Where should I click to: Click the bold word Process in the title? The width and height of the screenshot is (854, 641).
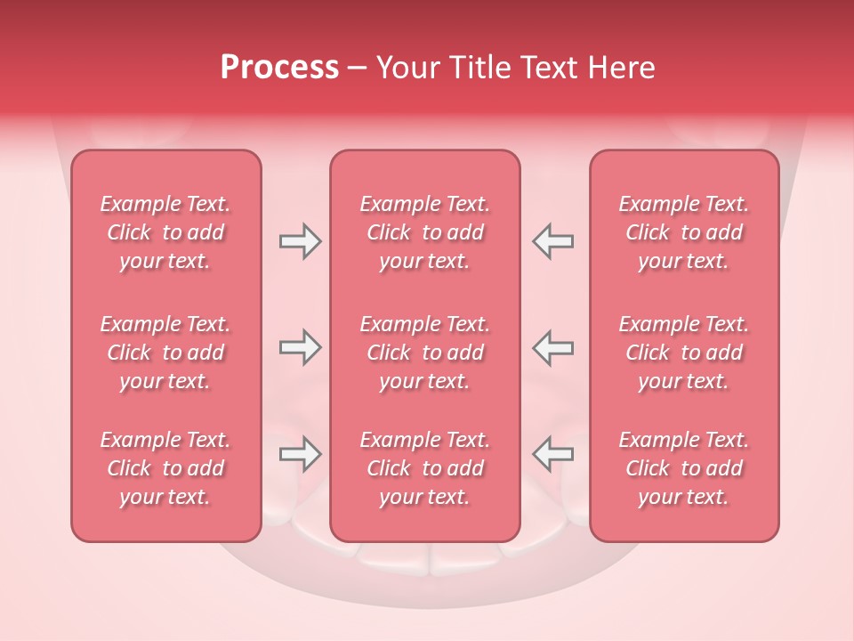click(x=279, y=68)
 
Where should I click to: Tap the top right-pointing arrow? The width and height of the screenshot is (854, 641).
click(x=300, y=241)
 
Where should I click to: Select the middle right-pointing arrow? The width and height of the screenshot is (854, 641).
click(x=300, y=347)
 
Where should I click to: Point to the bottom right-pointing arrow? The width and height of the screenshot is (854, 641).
click(x=300, y=454)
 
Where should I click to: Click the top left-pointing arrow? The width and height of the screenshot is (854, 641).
click(x=552, y=241)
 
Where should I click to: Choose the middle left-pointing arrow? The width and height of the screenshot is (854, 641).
click(x=552, y=347)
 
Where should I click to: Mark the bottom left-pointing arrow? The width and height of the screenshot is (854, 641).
click(x=552, y=454)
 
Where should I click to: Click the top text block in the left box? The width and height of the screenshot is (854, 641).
click(x=165, y=232)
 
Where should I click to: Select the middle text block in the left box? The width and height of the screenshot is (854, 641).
click(x=165, y=353)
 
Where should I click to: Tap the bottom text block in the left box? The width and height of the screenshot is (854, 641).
click(x=165, y=468)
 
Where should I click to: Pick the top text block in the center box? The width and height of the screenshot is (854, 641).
click(x=424, y=232)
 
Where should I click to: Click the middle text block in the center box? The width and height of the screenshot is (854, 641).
click(x=424, y=353)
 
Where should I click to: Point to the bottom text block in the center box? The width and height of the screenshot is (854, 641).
click(x=424, y=468)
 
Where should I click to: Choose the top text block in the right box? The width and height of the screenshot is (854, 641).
click(x=683, y=232)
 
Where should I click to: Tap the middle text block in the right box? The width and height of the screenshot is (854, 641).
click(x=683, y=353)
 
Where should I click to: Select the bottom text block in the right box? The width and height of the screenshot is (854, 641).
click(x=683, y=468)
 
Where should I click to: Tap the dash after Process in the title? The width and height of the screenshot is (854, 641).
click(x=357, y=69)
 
